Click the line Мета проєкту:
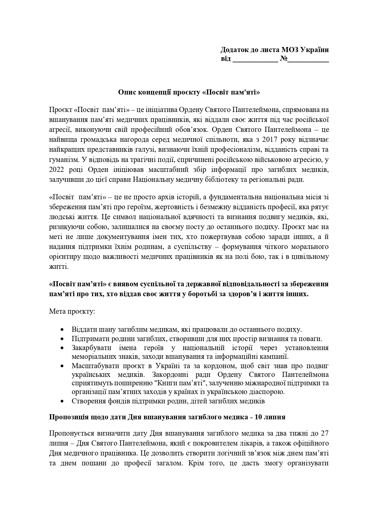tap(72, 311)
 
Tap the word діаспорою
tap(269, 392)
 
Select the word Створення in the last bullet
tap(85, 401)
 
